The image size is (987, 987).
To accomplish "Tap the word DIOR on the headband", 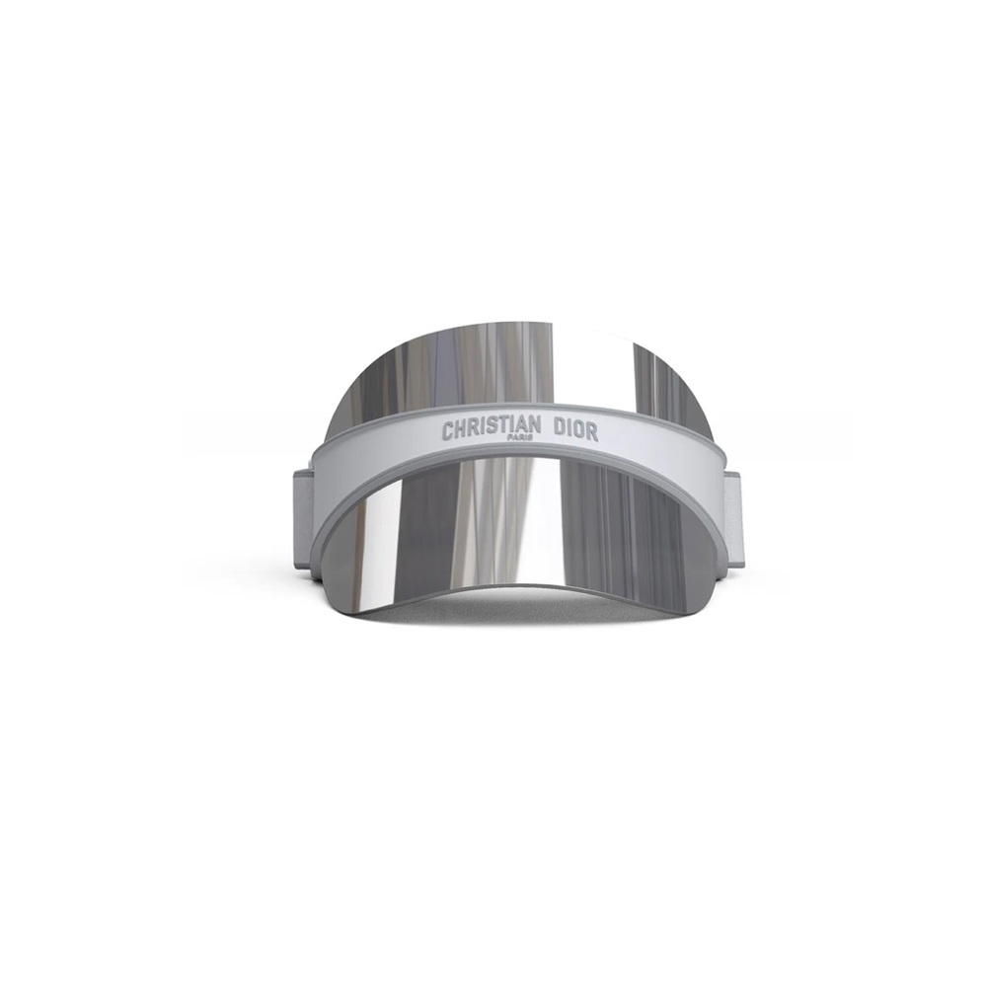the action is point(575,431).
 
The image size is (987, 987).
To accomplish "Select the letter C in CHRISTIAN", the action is point(447,431).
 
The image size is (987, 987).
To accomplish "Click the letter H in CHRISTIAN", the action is point(461,430).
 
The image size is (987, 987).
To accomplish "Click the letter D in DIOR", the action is point(559,430).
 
